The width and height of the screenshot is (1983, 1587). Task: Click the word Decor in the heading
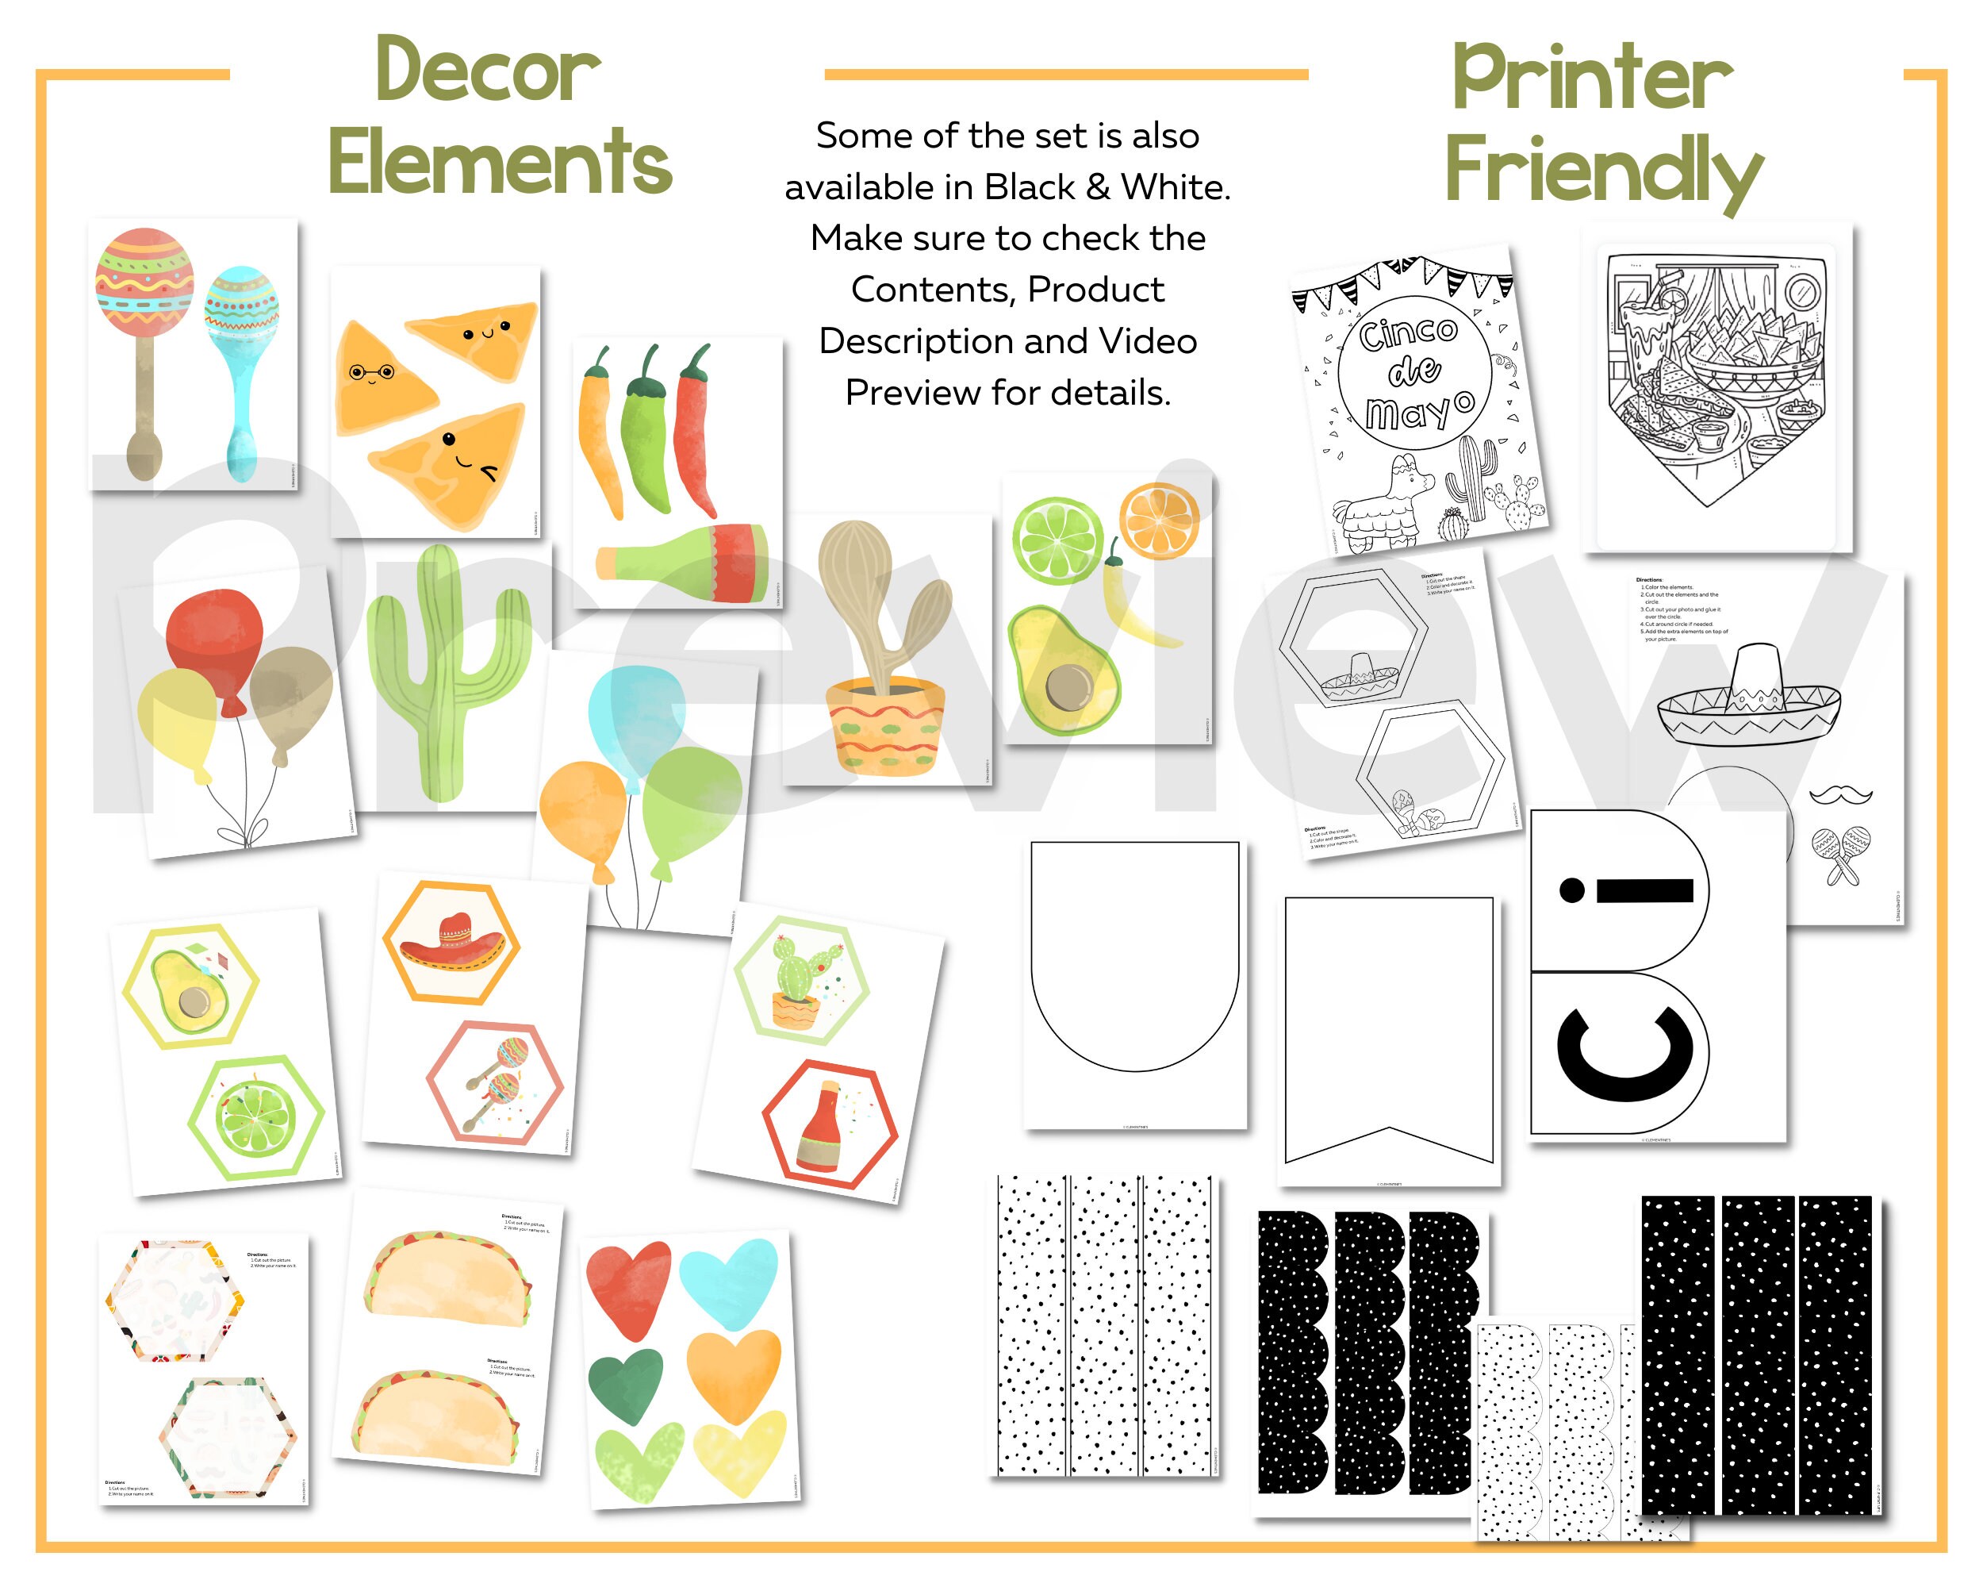point(488,71)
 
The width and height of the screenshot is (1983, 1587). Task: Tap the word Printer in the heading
point(1591,79)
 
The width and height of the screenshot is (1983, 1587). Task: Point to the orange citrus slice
point(1159,520)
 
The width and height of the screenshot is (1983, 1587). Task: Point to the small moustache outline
point(1840,792)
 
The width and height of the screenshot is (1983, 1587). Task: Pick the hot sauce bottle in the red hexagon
point(818,1127)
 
